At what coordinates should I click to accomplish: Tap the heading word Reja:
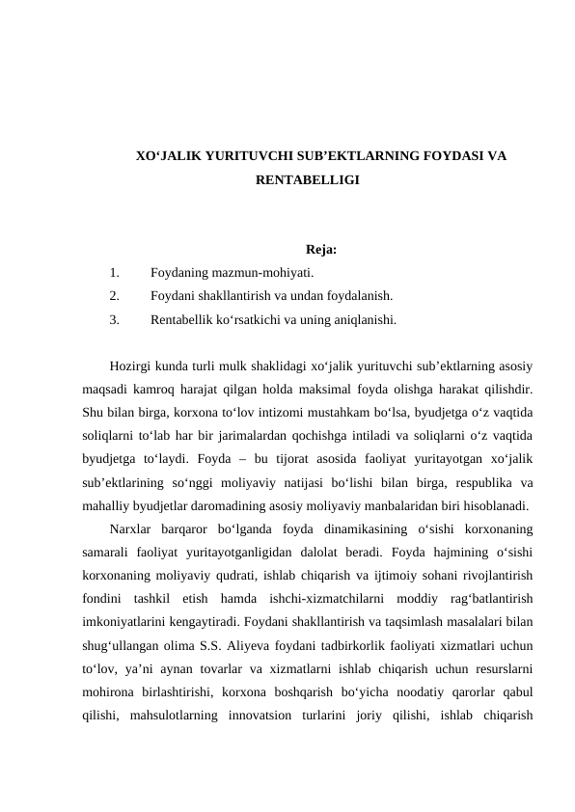(x=320, y=252)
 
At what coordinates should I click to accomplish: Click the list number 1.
(x=115, y=273)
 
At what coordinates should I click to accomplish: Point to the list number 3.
(x=115, y=317)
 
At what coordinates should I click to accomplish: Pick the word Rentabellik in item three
(x=182, y=317)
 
